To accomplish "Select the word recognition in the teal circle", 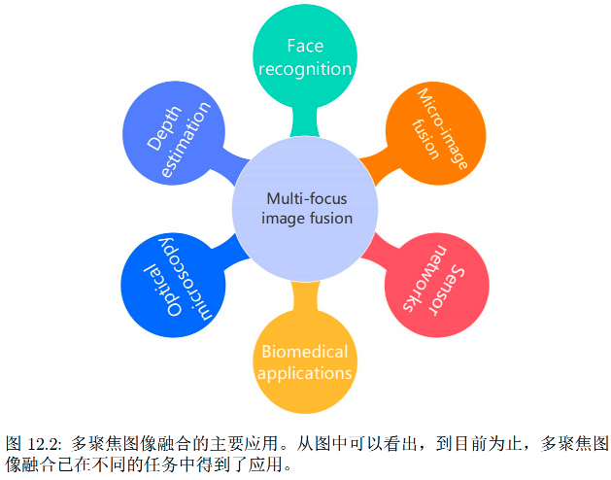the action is [x=304, y=69].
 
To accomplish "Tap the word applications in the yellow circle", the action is [x=304, y=372].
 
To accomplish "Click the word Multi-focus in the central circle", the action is [x=305, y=198].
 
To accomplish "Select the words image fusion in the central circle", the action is [x=305, y=218].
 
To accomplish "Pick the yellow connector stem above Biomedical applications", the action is [x=304, y=291].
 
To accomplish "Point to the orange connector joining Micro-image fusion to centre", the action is [x=373, y=161].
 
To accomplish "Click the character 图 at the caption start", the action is [x=14, y=442].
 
